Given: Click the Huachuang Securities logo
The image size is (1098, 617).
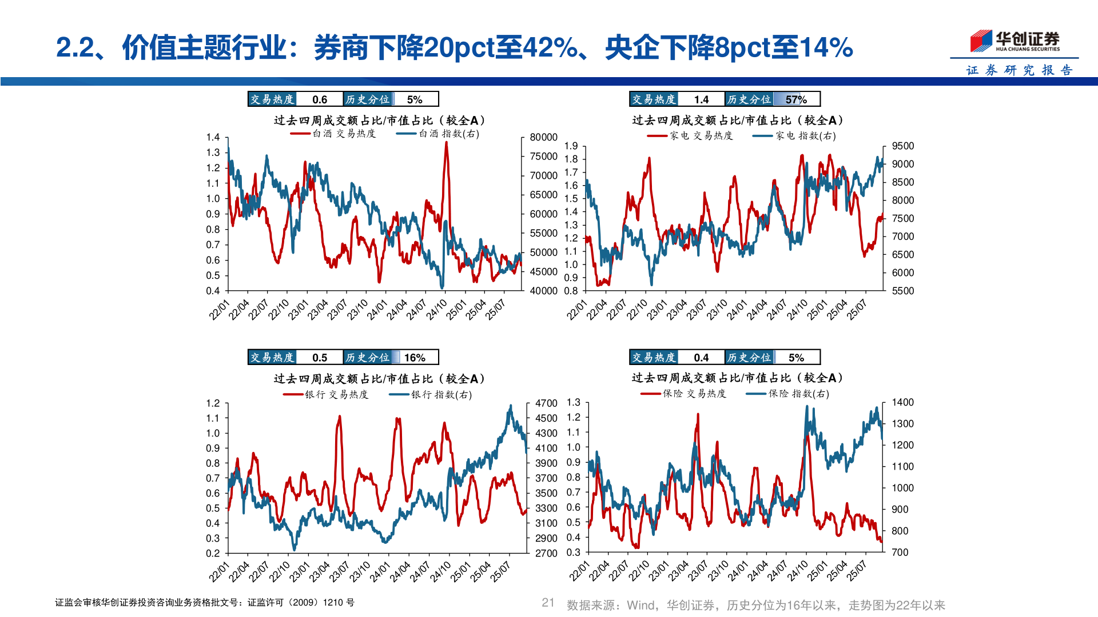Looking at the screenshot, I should point(1015,41).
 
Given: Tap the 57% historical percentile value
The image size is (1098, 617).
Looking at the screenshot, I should point(795,99).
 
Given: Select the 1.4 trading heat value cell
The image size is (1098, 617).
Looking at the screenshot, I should point(701,99).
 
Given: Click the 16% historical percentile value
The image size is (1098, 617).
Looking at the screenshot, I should point(415,358).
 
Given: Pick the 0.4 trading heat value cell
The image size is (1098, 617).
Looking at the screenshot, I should point(701,358).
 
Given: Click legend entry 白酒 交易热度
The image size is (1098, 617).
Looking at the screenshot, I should point(333,134).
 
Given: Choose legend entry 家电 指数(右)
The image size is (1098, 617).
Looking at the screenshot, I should point(795,136).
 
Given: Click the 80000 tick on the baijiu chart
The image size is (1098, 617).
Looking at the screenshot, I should point(543,137).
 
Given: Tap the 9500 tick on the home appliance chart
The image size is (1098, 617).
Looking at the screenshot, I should point(902,146).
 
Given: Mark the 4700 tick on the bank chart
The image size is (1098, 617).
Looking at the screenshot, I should point(546,403).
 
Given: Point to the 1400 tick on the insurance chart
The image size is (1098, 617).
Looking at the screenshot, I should point(902,402).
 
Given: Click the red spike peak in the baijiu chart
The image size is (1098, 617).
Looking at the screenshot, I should point(446,143).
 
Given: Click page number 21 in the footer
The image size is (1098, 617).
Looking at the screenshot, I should point(548,603).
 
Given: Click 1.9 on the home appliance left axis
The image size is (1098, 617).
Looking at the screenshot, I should point(571,146).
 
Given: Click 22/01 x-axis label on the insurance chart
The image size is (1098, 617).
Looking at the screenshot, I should point(579,571).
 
